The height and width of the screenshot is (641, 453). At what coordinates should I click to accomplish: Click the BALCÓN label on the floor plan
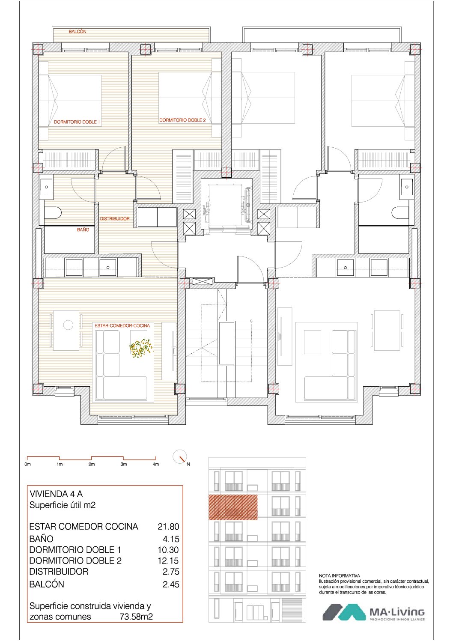(77, 32)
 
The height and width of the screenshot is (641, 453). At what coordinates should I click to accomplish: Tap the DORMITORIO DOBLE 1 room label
(77, 122)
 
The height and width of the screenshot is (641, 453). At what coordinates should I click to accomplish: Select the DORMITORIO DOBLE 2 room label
(182, 120)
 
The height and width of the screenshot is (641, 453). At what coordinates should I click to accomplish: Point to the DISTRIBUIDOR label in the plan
(114, 219)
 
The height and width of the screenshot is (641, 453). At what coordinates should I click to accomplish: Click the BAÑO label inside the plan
(83, 230)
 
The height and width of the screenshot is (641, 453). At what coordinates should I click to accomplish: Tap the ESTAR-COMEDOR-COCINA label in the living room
(122, 325)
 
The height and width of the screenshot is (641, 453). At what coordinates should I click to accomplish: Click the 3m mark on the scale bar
(124, 464)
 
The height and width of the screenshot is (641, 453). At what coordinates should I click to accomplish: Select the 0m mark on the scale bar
(27, 464)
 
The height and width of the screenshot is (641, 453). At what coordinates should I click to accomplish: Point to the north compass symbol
(180, 457)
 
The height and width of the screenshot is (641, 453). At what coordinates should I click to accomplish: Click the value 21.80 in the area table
(168, 527)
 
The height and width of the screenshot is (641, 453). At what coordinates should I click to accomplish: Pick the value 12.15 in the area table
(168, 561)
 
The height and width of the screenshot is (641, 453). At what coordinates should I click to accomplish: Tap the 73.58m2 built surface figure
(136, 617)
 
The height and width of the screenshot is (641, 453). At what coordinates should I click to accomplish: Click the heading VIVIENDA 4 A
(56, 494)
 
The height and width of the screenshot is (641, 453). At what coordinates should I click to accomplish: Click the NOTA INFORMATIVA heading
(340, 575)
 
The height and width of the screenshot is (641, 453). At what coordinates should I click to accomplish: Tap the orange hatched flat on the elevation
(233, 507)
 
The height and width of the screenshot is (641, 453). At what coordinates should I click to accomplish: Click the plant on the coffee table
(141, 348)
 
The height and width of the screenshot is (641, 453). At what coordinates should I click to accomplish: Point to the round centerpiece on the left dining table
(68, 325)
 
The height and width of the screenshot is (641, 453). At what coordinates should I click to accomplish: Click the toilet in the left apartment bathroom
(53, 213)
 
